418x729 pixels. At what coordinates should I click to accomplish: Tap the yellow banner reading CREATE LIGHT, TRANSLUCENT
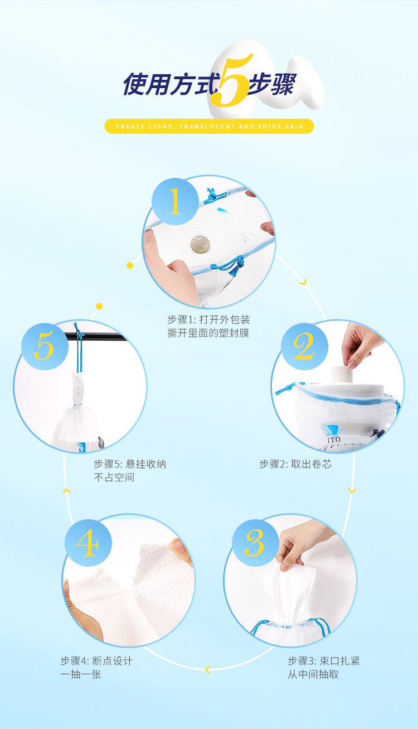coord(209,126)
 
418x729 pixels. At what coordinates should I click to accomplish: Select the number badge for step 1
coord(175,201)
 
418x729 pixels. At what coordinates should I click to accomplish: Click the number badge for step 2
coord(304,346)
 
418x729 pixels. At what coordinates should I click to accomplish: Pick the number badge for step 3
coord(255,543)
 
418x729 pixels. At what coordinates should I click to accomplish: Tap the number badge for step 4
coord(88,543)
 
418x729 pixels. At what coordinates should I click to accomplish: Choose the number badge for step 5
coord(45,346)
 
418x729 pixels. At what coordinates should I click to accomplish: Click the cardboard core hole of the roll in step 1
coord(200,244)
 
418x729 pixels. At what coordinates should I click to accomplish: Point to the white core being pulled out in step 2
coord(342,375)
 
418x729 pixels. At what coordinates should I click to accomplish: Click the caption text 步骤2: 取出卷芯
coord(295,464)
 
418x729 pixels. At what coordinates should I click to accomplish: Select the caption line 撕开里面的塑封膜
coord(208,333)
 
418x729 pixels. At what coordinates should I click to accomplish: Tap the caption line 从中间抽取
coord(313,674)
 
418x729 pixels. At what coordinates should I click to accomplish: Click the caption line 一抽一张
coord(81,674)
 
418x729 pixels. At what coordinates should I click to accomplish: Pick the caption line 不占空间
coord(114,477)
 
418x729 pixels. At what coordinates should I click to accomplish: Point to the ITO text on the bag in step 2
coord(334,440)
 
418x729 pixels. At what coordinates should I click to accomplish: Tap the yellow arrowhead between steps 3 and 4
coord(207,670)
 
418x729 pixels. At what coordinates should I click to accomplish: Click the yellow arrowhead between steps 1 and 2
coord(303,282)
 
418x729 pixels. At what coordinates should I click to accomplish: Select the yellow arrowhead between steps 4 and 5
coord(67,490)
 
